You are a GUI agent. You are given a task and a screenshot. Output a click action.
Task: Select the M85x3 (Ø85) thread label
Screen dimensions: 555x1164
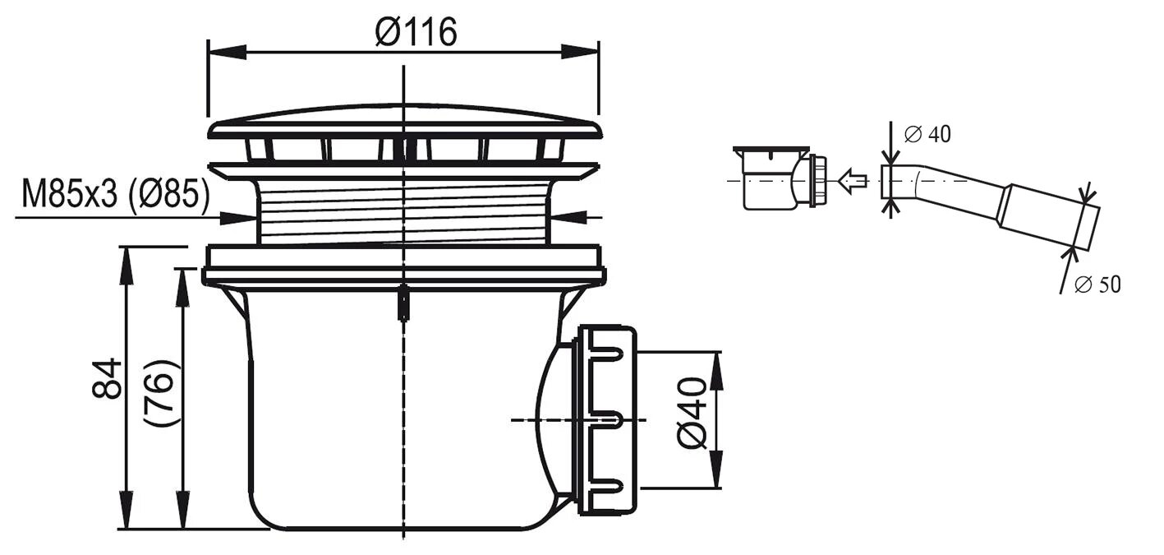pyautogui.click(x=115, y=196)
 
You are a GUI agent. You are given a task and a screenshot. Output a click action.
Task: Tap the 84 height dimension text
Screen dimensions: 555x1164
pyautogui.click(x=108, y=379)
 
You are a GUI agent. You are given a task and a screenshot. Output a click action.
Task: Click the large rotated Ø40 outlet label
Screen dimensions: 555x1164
pyautogui.click(x=692, y=413)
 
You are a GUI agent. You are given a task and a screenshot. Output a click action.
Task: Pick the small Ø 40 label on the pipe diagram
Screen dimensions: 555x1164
pyautogui.click(x=927, y=134)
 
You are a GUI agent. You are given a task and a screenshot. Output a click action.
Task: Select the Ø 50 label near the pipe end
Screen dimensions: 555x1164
pyautogui.click(x=1097, y=284)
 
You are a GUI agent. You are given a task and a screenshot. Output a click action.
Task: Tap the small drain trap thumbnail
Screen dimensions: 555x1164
pyautogui.click(x=776, y=178)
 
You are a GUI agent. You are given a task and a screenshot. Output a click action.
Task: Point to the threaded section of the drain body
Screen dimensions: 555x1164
pyautogui.click(x=403, y=211)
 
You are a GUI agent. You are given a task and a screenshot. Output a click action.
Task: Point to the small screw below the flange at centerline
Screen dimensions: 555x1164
pyautogui.click(x=403, y=302)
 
